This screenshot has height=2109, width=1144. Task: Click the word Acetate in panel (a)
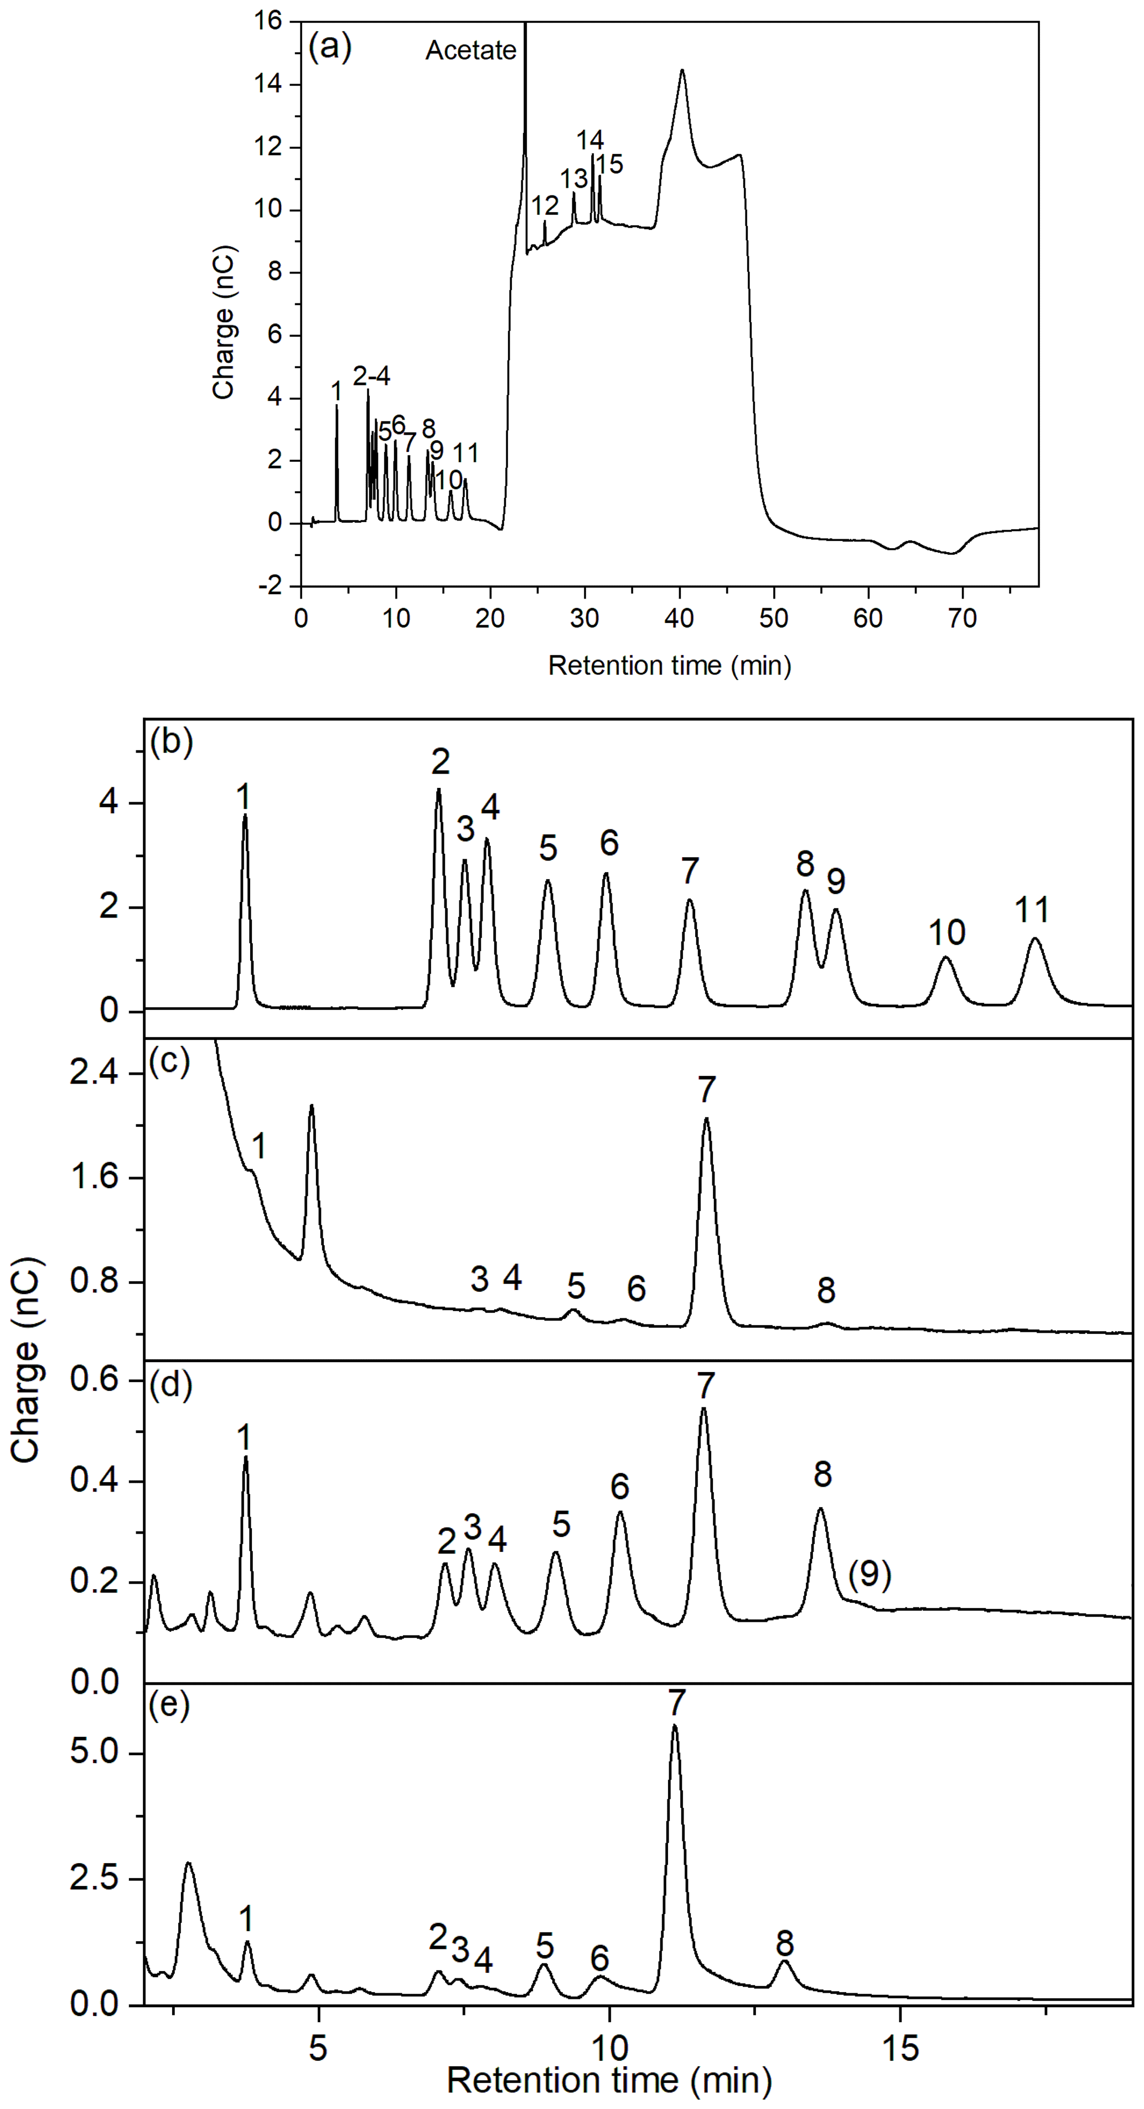click(470, 51)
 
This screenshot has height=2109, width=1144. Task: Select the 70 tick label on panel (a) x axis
click(962, 619)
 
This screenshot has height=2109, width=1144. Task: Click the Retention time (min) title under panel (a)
click(669, 666)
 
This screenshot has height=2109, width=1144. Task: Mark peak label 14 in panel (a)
click(590, 140)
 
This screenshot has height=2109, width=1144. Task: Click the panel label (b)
click(171, 742)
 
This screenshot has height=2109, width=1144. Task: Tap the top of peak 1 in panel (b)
click(245, 816)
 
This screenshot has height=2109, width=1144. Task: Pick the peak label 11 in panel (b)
click(1032, 910)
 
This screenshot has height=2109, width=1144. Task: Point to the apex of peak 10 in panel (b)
click(946, 957)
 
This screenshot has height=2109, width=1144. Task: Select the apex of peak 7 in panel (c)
click(706, 1119)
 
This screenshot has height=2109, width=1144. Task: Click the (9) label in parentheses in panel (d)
click(869, 1574)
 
